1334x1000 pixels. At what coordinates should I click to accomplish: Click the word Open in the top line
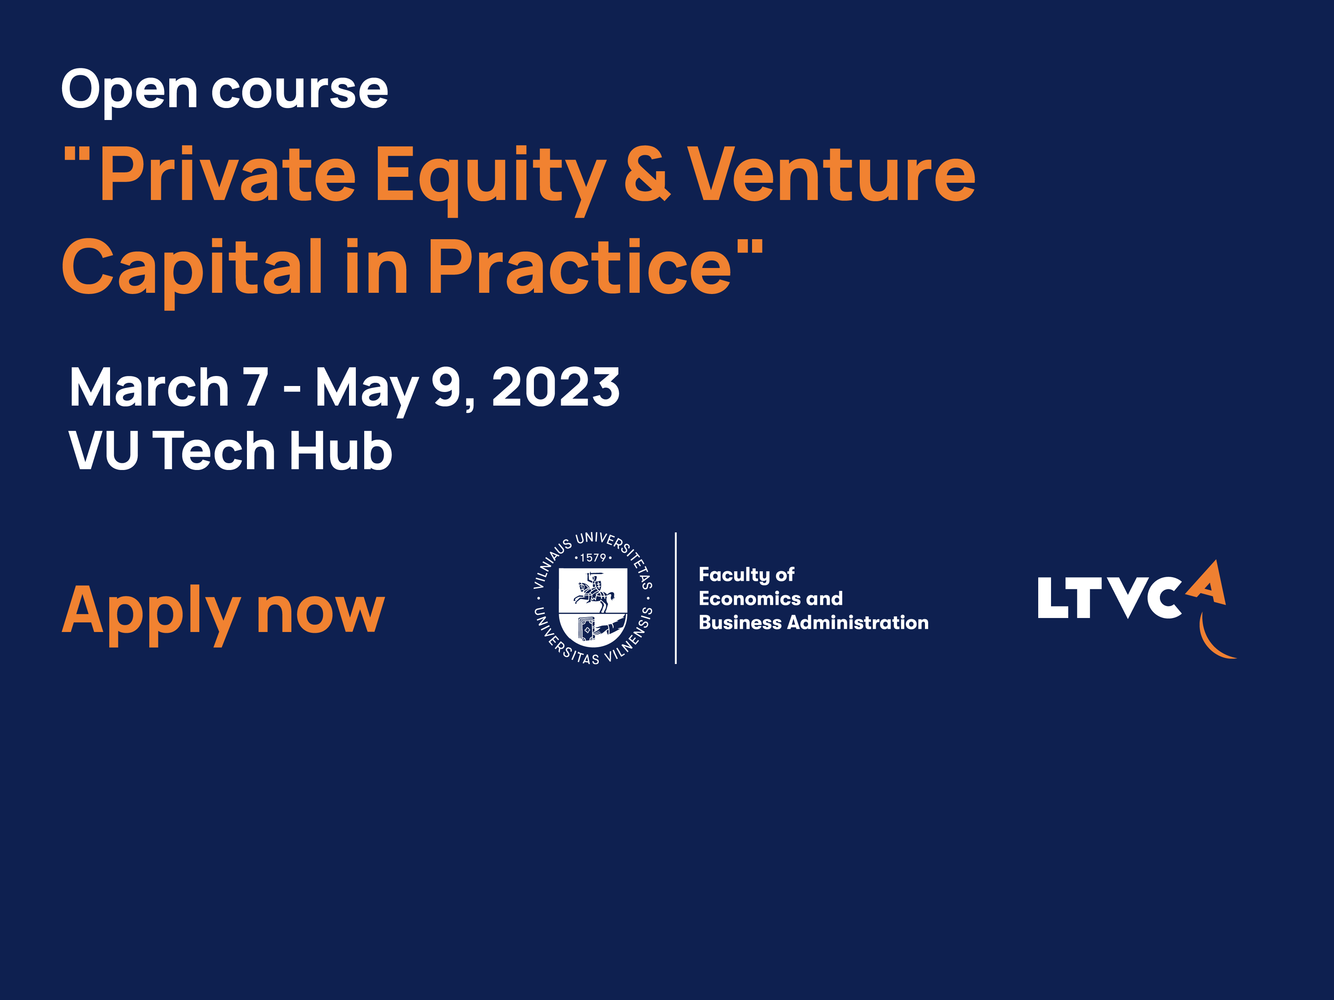pyautogui.click(x=129, y=90)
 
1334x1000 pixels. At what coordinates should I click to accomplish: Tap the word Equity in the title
pyautogui.click(x=490, y=180)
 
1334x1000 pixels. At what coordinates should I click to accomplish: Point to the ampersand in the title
pyautogui.click(x=647, y=174)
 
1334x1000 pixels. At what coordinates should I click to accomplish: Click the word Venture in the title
pyautogui.click(x=832, y=174)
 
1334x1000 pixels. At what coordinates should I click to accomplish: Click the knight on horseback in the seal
pyautogui.click(x=594, y=591)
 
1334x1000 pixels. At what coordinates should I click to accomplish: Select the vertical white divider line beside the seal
pyautogui.click(x=676, y=598)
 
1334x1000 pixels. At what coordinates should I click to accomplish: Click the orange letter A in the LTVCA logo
pyautogui.click(x=1208, y=583)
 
